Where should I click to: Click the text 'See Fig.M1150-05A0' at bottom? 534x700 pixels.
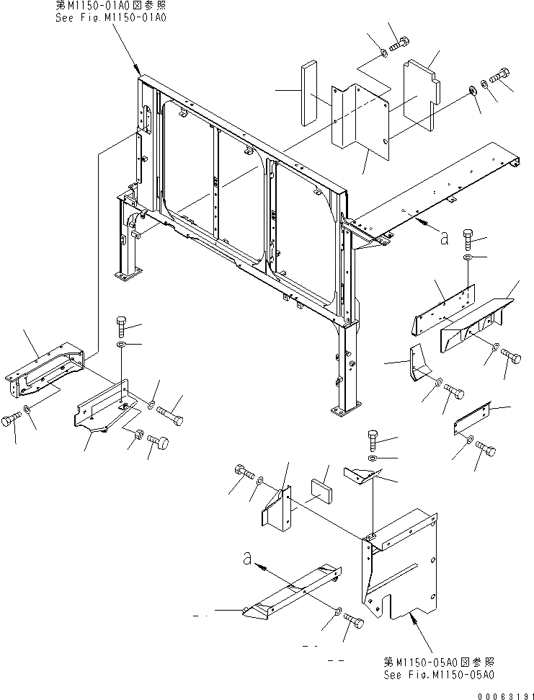pos(439,674)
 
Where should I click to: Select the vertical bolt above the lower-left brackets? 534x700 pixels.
pos(120,327)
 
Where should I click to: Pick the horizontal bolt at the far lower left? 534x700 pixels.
pos(12,421)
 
